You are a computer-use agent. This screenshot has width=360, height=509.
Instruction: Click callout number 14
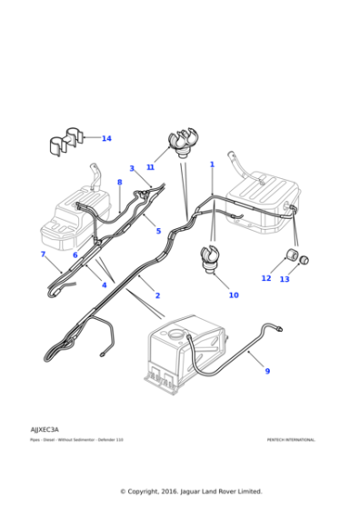(x=106, y=138)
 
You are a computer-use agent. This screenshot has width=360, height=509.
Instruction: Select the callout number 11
(x=150, y=167)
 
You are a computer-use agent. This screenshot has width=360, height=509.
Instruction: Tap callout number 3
(x=131, y=168)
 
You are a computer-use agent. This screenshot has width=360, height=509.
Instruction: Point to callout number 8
(x=119, y=183)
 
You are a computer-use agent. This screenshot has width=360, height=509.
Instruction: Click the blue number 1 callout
(x=212, y=165)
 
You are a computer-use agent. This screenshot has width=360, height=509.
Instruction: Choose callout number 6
(x=75, y=254)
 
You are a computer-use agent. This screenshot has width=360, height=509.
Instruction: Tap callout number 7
(x=43, y=254)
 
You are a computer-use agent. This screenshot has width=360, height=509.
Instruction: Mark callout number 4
(x=104, y=285)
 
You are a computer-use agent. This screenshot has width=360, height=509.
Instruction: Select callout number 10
(x=234, y=294)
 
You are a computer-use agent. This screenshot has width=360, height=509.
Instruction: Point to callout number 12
(x=266, y=278)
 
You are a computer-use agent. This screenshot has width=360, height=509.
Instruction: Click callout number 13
(x=285, y=279)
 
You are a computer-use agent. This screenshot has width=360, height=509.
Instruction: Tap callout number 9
(x=267, y=371)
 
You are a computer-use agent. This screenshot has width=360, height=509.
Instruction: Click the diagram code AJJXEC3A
(x=44, y=429)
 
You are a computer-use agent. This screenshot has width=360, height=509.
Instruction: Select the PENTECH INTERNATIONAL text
(x=291, y=440)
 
